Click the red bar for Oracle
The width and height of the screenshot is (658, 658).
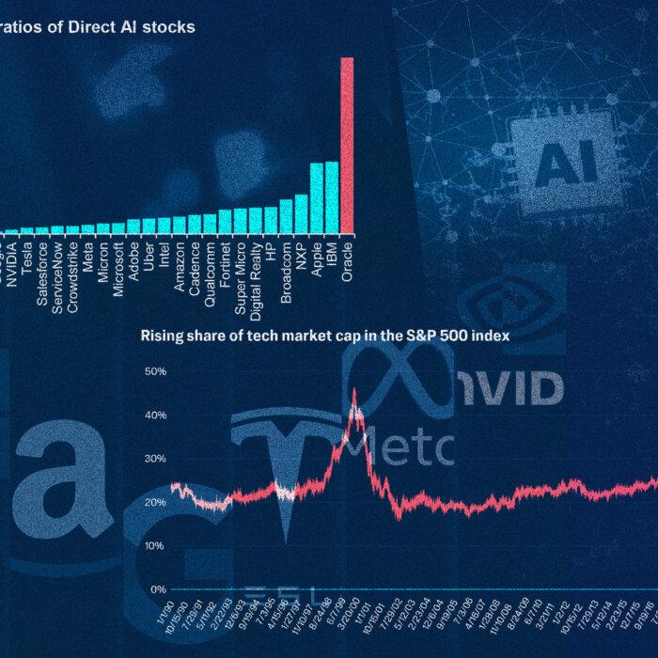pos(347,145)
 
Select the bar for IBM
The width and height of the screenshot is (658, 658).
pos(331,197)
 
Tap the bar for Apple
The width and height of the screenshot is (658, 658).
pos(316,198)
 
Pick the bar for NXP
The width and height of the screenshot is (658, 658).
pos(301,213)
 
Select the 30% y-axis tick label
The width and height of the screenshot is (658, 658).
pos(153,459)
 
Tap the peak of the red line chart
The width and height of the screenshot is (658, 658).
pos(353,390)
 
